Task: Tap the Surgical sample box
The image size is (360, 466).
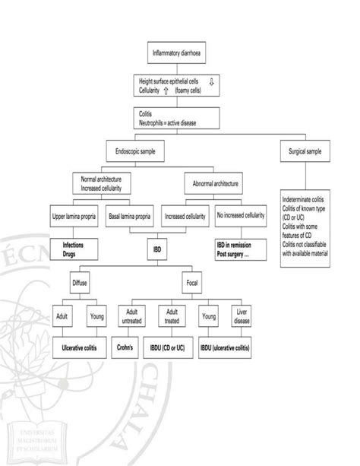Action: tap(304, 152)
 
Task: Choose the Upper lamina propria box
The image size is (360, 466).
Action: tap(74, 216)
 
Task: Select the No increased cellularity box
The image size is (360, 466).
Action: tap(241, 216)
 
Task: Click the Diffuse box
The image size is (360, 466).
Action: tap(79, 283)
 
